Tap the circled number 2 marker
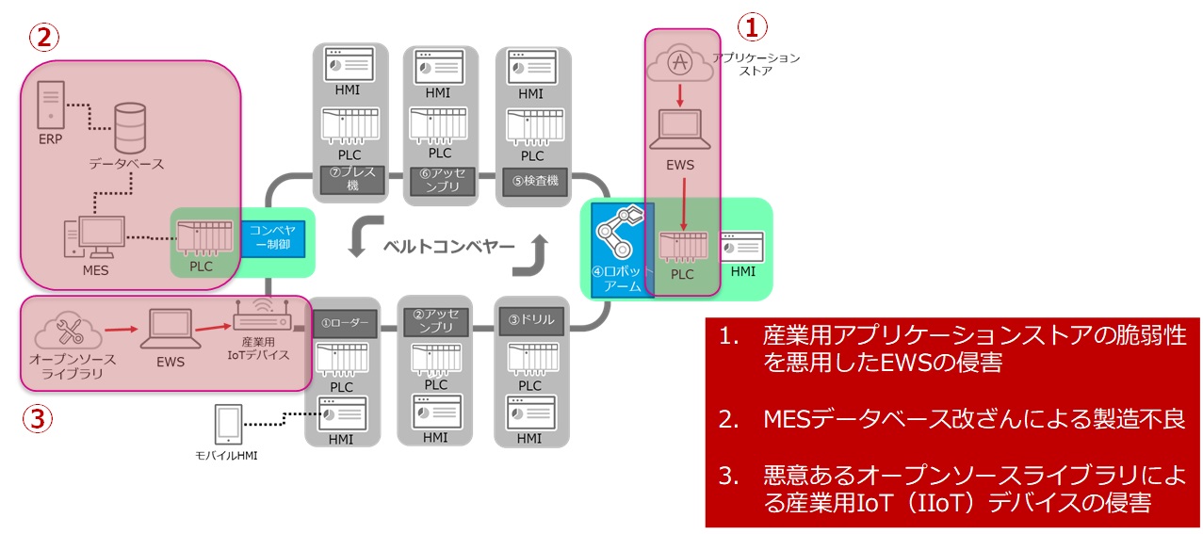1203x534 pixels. [x=44, y=37]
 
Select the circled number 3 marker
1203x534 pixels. [x=37, y=418]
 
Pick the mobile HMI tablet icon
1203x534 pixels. [x=228, y=426]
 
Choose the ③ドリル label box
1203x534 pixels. [x=530, y=319]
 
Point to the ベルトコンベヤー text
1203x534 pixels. [x=447, y=247]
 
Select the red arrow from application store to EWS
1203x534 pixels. [x=679, y=94]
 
